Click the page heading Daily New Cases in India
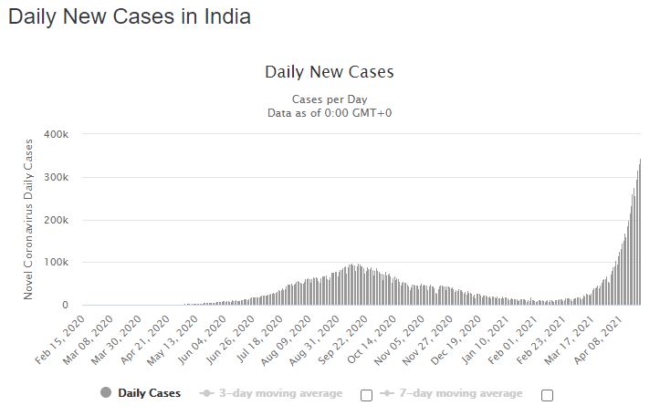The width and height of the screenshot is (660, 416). (x=130, y=17)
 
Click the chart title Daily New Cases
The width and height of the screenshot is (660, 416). (x=329, y=71)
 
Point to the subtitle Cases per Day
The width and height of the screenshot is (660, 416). (x=329, y=99)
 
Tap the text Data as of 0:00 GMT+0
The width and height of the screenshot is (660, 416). (x=329, y=112)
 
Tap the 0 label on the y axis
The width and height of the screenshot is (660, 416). (x=64, y=306)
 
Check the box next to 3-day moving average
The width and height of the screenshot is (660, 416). (x=366, y=395)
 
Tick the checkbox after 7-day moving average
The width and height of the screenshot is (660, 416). (x=547, y=395)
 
